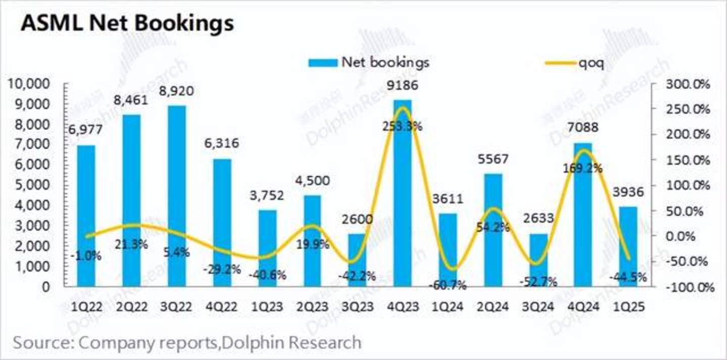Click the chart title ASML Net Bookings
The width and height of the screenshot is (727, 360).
point(127,23)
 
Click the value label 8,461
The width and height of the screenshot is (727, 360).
point(131,100)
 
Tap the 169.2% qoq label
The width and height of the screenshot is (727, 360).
point(584,169)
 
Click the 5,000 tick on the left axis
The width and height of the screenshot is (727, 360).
point(33,185)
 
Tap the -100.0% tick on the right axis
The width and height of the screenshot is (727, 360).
point(689,287)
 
